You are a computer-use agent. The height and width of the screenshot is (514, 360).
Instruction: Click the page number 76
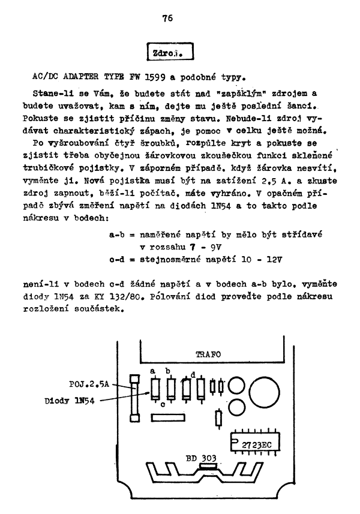click(167, 18)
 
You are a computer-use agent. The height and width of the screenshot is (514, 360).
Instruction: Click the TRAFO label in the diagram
click(208, 354)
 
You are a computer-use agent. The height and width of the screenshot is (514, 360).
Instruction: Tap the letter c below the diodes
click(163, 404)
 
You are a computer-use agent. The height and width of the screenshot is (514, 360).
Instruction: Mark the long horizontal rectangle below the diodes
click(169, 417)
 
